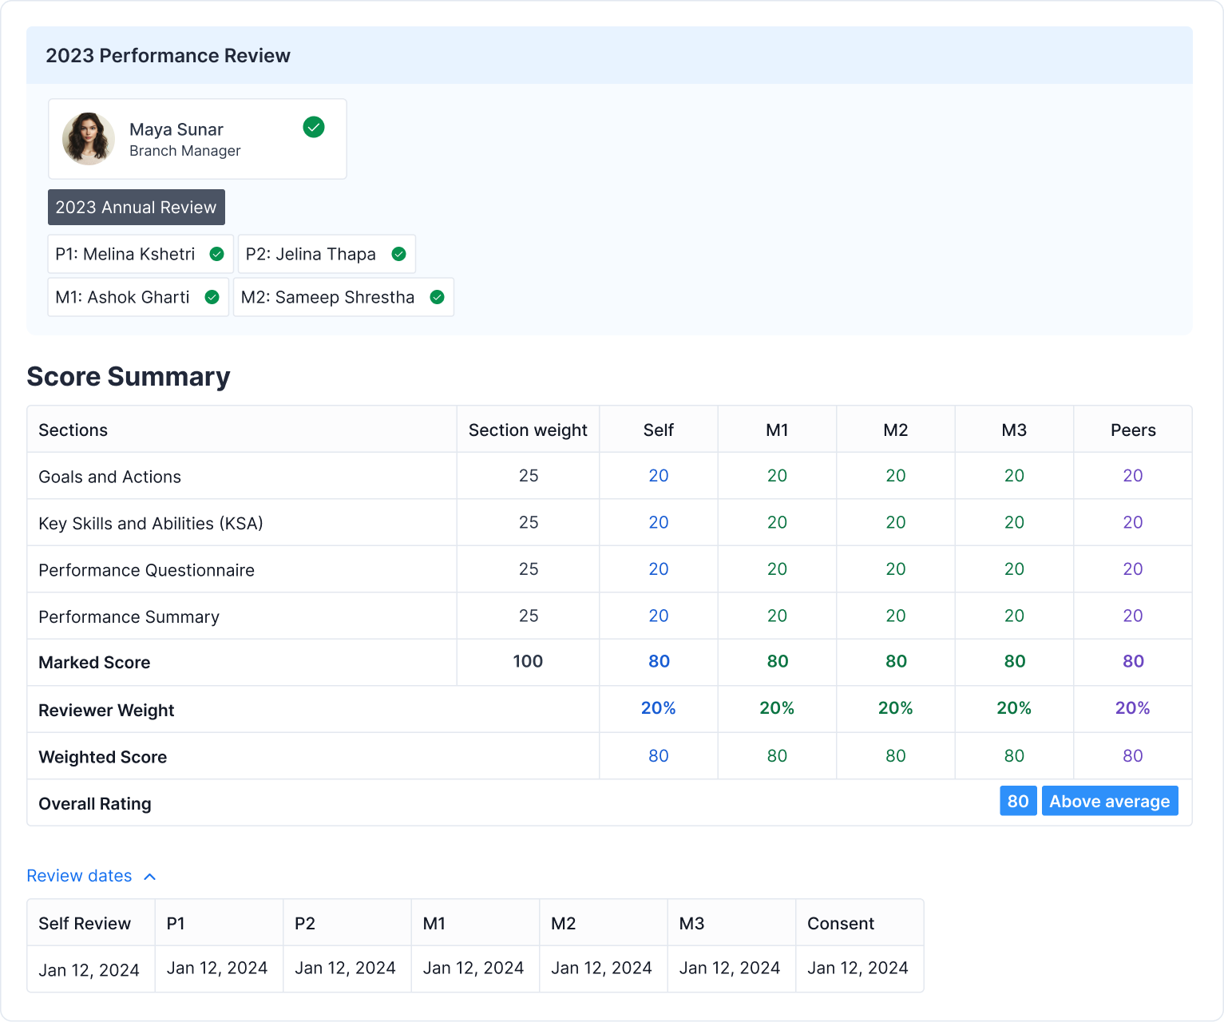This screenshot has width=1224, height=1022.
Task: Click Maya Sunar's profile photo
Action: tap(89, 139)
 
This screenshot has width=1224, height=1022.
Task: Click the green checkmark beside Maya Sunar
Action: tap(314, 127)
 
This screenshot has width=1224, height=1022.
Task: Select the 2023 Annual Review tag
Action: tap(137, 208)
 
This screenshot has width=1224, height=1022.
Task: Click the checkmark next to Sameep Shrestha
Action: tap(437, 297)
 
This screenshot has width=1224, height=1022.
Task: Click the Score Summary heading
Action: tap(129, 377)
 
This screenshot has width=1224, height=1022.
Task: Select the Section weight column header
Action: tap(528, 430)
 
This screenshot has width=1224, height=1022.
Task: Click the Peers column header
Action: tap(1133, 430)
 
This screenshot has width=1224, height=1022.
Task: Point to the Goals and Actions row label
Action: tap(110, 477)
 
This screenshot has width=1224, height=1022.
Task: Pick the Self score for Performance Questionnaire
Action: tap(659, 569)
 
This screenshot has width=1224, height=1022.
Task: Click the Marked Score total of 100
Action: tap(528, 662)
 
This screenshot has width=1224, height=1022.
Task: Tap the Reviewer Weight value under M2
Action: tap(895, 708)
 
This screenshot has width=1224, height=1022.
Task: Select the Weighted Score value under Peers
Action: tap(1133, 756)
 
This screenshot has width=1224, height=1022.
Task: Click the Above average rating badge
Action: tap(1109, 802)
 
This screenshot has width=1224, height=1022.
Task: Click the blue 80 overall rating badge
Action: tap(1018, 802)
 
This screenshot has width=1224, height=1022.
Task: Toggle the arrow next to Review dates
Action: tap(149, 877)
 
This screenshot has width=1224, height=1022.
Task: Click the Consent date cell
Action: tap(858, 969)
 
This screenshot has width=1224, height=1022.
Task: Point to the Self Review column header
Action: tap(85, 924)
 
